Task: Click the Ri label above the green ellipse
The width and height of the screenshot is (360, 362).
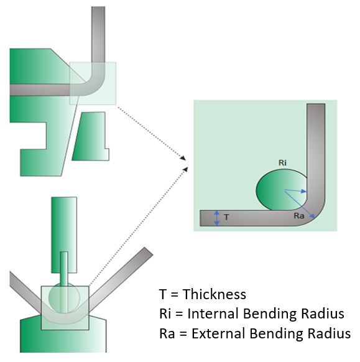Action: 282,163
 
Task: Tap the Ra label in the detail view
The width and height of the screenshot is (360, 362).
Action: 299,216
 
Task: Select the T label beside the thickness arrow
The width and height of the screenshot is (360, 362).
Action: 226,217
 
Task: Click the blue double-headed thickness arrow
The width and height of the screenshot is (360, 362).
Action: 217,218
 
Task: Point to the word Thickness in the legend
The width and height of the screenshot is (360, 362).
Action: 215,294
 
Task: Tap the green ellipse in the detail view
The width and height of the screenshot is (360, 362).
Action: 282,190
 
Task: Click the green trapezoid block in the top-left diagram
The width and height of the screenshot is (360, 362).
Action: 91,136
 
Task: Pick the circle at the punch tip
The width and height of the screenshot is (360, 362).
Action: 64,297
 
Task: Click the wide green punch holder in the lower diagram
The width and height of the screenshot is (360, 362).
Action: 64,234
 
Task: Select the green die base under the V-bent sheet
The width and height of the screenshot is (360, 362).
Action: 63,335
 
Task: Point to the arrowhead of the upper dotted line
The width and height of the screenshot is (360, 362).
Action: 183,158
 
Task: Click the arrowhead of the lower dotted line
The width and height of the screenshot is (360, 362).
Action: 185,169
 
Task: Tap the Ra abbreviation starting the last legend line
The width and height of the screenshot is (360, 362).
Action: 167,333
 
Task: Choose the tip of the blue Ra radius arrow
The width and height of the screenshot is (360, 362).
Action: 315,218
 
